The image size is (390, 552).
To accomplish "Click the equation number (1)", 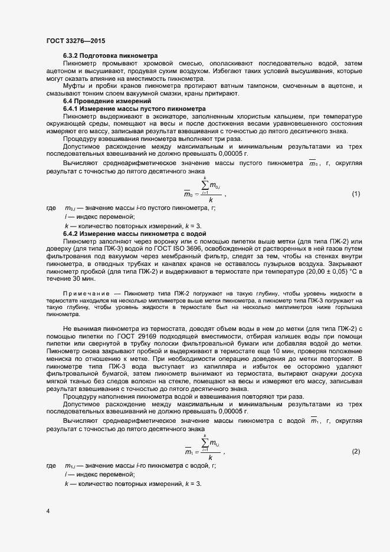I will pos(356,194).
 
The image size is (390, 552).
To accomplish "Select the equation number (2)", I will pos(356,451).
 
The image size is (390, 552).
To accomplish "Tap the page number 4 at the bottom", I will pos(48,510).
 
